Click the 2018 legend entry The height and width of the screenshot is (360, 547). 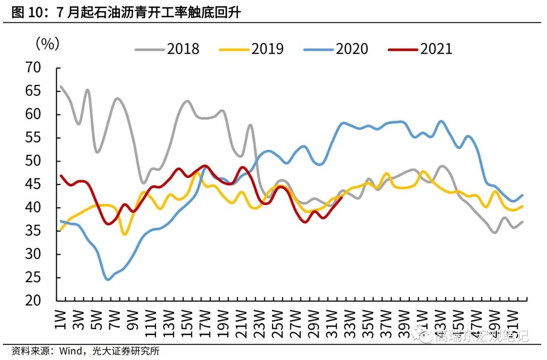pos(167,49)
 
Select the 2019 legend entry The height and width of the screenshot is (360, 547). pos(251,49)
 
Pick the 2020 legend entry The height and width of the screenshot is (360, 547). pos(336,49)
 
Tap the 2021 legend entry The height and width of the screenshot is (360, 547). pos(420,49)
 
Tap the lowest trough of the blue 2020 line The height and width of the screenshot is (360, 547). pos(107,279)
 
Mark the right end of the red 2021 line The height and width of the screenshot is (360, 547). pos(342,197)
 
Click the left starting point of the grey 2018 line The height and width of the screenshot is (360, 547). pos(60,86)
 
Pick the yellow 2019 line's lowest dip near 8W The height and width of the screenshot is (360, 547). pos(125,234)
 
